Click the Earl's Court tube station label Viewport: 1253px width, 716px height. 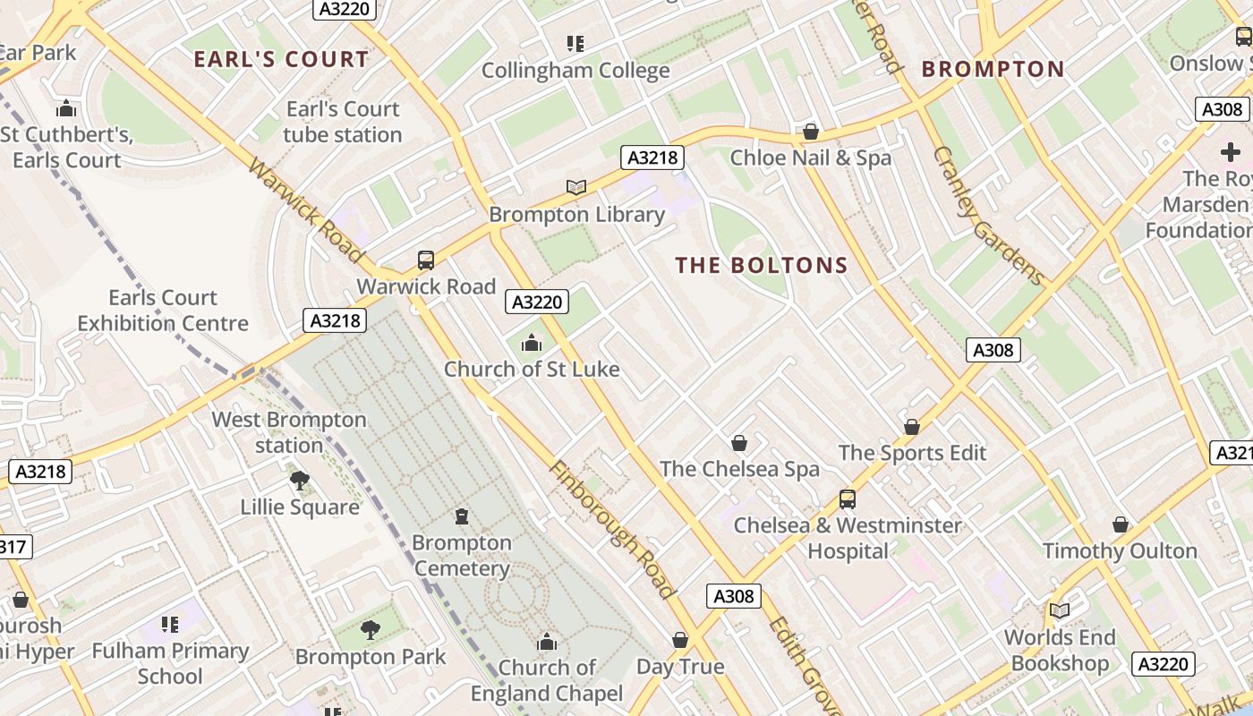click(343, 122)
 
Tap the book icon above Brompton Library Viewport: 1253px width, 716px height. click(576, 187)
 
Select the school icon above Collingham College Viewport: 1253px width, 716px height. click(575, 43)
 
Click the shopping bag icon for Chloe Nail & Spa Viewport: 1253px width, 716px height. click(811, 132)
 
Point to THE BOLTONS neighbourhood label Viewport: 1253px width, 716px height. click(762, 265)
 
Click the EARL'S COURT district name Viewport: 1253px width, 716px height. click(281, 60)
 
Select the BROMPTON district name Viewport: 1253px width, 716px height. click(993, 69)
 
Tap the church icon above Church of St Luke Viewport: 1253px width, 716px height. click(532, 343)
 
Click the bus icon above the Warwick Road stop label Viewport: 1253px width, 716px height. click(426, 260)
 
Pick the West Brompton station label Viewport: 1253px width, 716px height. click(289, 432)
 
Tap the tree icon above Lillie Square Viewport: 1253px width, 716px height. click(300, 481)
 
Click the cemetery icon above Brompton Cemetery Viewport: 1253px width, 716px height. click(462, 516)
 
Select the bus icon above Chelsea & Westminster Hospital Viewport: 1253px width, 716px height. click(847, 499)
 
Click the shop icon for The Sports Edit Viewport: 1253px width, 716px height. click(912, 427)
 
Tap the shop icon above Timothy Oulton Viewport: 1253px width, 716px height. click(1120, 524)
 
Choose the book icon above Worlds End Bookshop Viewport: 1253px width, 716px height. click(1060, 610)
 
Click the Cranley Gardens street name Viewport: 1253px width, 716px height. click(988, 215)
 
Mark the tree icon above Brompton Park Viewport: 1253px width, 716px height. click(370, 630)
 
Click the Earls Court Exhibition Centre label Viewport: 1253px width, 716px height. click(163, 311)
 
